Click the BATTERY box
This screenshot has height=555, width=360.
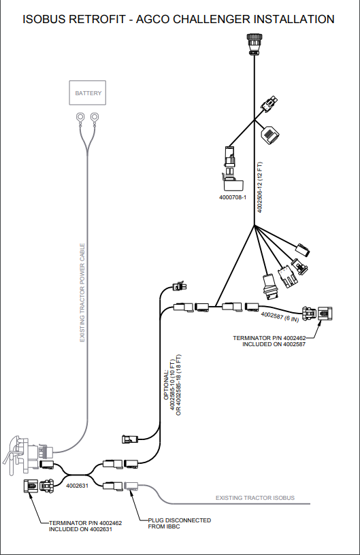(x=88, y=92)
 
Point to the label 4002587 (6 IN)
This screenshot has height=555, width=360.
(x=280, y=316)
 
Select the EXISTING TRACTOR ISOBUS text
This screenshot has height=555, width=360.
(x=255, y=498)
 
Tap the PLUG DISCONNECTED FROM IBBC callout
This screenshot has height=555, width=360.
(x=179, y=523)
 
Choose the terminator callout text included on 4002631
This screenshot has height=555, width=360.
(x=85, y=526)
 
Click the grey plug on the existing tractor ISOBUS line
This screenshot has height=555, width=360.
(x=130, y=485)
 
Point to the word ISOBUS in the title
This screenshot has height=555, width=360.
(x=45, y=19)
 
